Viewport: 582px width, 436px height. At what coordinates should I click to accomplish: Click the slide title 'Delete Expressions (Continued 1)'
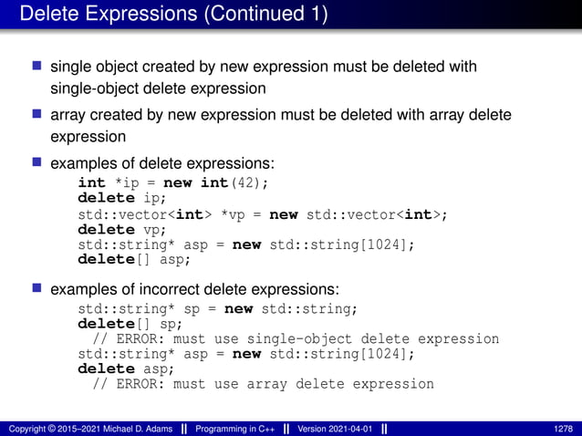click(173, 15)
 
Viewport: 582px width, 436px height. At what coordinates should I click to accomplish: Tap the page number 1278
click(564, 428)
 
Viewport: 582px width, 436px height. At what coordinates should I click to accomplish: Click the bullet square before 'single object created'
click(37, 67)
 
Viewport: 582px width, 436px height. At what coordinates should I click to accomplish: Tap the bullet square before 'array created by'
click(37, 114)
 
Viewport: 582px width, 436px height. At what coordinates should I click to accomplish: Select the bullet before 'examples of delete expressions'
click(37, 162)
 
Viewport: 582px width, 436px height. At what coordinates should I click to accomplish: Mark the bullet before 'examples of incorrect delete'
click(37, 288)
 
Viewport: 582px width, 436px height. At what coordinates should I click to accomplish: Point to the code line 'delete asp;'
click(123, 369)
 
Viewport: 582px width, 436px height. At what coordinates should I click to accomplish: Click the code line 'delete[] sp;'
click(130, 323)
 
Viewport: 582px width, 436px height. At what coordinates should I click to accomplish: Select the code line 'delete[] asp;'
click(134, 260)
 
